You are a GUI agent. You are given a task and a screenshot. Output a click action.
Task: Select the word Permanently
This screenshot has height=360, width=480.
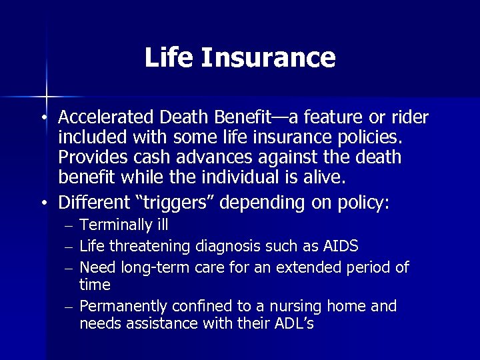123,306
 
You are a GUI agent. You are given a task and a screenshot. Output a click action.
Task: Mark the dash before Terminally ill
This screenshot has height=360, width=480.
69,227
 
